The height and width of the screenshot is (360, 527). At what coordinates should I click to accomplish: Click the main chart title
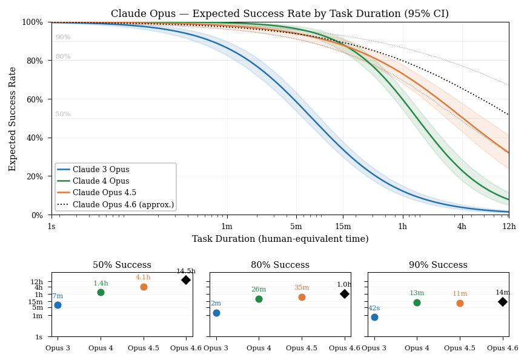(x=280, y=14)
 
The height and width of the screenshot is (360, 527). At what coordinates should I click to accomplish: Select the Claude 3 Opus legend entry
(x=100, y=170)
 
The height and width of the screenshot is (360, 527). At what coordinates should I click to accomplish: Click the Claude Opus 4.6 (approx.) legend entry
(x=123, y=205)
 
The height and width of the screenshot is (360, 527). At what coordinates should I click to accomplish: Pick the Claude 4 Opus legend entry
(x=100, y=182)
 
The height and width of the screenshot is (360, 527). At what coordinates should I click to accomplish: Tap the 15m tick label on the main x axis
(x=343, y=227)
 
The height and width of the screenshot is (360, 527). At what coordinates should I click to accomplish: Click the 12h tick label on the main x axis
(x=508, y=227)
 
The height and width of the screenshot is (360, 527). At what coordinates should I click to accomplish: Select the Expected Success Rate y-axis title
(x=13, y=119)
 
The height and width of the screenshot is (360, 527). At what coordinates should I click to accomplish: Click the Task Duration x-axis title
(x=280, y=239)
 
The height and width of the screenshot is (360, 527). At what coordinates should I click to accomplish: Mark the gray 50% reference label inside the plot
(x=63, y=115)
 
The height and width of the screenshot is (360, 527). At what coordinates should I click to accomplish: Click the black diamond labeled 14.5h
(x=186, y=280)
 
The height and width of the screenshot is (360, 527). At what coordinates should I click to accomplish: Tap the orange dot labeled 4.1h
(x=144, y=287)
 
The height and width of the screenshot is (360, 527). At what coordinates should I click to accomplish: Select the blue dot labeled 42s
(x=374, y=317)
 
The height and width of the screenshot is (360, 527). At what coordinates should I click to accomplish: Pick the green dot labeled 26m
(x=259, y=299)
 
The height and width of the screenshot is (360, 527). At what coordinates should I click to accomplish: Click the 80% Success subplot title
(x=280, y=265)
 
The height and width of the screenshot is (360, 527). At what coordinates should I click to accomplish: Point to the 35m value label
(x=302, y=288)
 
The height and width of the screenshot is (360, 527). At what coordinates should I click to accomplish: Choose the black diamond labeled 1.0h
(x=344, y=294)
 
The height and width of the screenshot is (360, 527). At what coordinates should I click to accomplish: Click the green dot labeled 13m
(x=417, y=302)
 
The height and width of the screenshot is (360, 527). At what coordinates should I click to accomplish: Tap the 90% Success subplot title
(x=438, y=265)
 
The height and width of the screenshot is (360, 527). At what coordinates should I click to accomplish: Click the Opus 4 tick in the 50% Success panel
(x=101, y=348)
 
